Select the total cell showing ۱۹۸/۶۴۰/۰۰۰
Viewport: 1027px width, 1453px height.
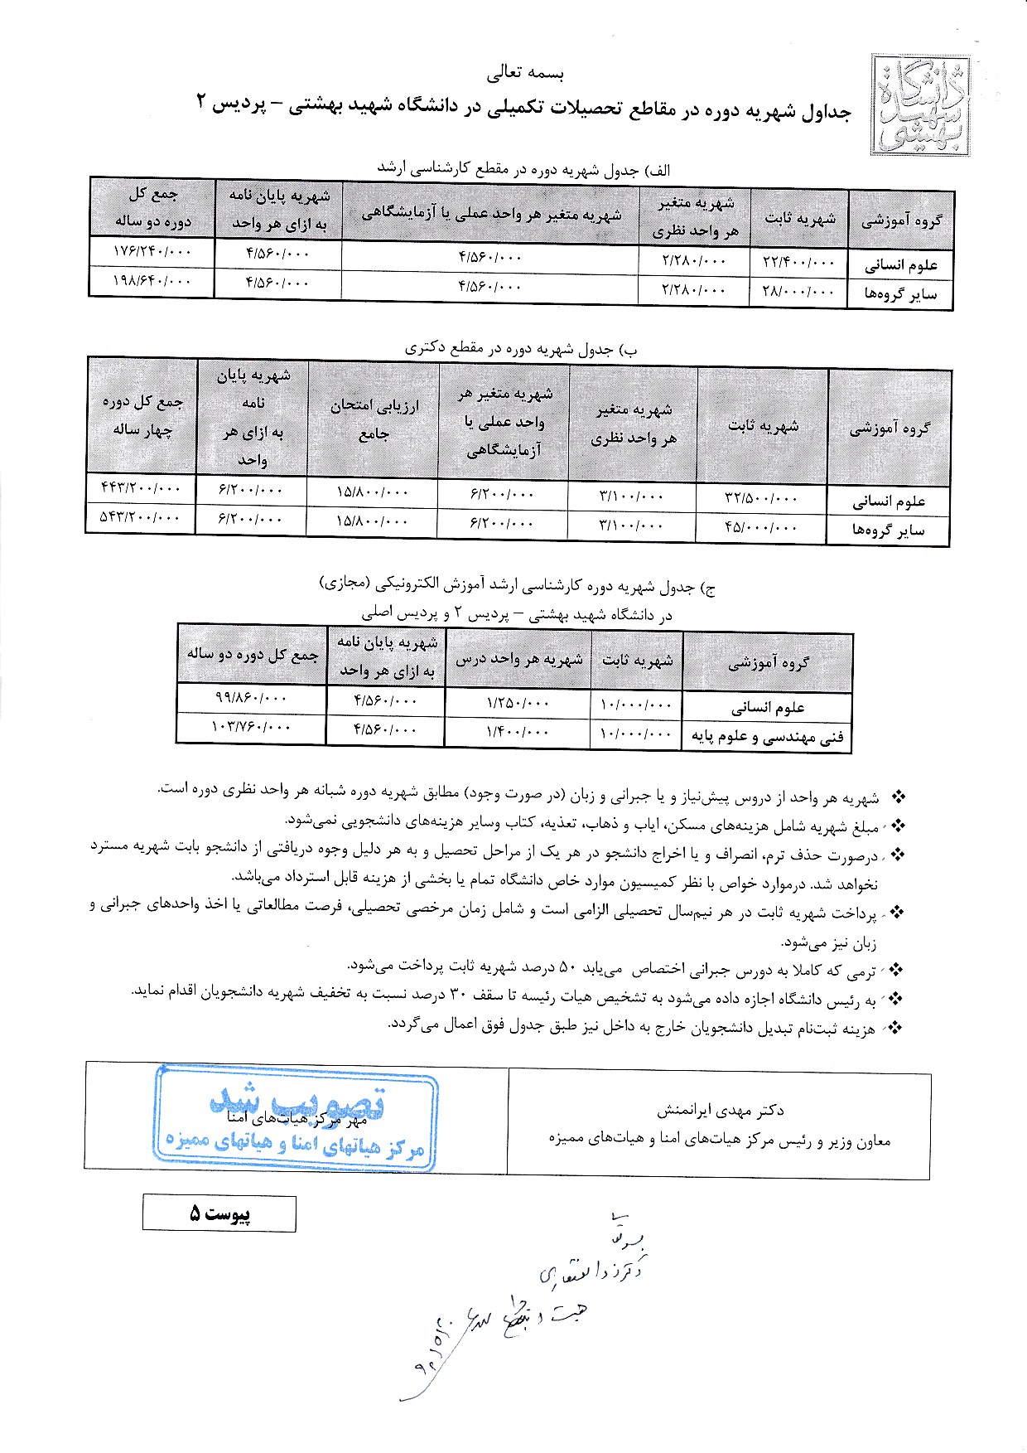[152, 282]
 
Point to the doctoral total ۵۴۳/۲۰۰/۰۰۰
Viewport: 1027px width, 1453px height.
[140, 518]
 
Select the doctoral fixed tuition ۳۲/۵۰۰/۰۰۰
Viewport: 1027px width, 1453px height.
[761, 498]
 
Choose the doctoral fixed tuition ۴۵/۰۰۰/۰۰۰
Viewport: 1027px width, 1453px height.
[761, 527]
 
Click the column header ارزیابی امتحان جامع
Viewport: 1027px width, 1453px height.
[374, 419]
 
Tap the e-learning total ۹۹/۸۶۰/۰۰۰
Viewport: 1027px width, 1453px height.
[250, 699]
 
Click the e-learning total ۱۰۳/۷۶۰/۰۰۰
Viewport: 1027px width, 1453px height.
[250, 727]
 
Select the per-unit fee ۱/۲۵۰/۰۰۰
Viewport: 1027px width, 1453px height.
[518, 703]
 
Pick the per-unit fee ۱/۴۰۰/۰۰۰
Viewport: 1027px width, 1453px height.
[518, 732]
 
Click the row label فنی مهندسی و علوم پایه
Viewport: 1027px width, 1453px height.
[767, 737]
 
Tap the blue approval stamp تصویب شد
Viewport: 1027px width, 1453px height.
[296, 1118]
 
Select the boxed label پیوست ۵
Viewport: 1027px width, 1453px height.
[219, 1213]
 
